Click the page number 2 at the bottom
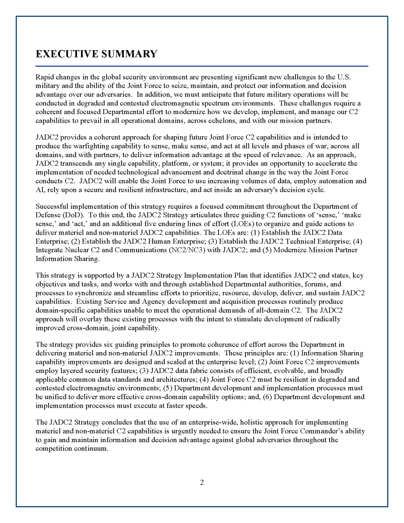pos(202,482)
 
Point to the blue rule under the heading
pos(202,66)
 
